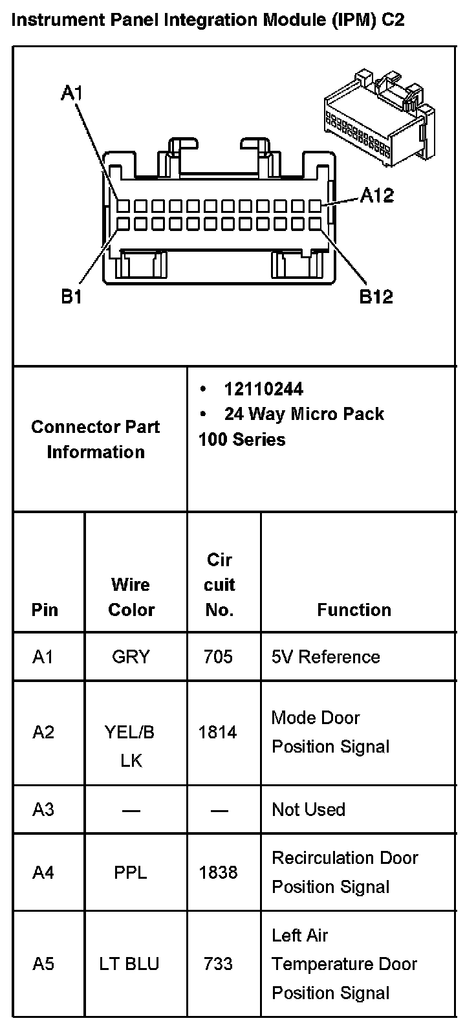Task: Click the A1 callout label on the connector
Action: (x=72, y=94)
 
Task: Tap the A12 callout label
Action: (x=377, y=195)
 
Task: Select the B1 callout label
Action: (x=71, y=297)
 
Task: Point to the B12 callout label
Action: (x=376, y=297)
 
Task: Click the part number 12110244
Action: (x=263, y=389)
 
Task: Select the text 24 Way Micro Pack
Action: (x=304, y=414)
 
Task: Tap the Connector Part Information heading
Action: (x=96, y=439)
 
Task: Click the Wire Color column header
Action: (x=131, y=597)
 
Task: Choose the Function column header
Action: (x=354, y=610)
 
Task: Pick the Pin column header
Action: (x=45, y=610)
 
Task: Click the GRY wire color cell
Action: (x=131, y=657)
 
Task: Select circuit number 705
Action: (x=218, y=657)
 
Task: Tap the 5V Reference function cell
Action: (x=326, y=657)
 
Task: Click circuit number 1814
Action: (x=218, y=732)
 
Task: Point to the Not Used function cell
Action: (x=308, y=810)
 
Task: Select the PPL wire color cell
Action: (x=131, y=872)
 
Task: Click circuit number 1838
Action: (x=218, y=872)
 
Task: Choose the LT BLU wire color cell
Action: (x=129, y=964)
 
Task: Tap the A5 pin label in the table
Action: (x=43, y=964)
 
